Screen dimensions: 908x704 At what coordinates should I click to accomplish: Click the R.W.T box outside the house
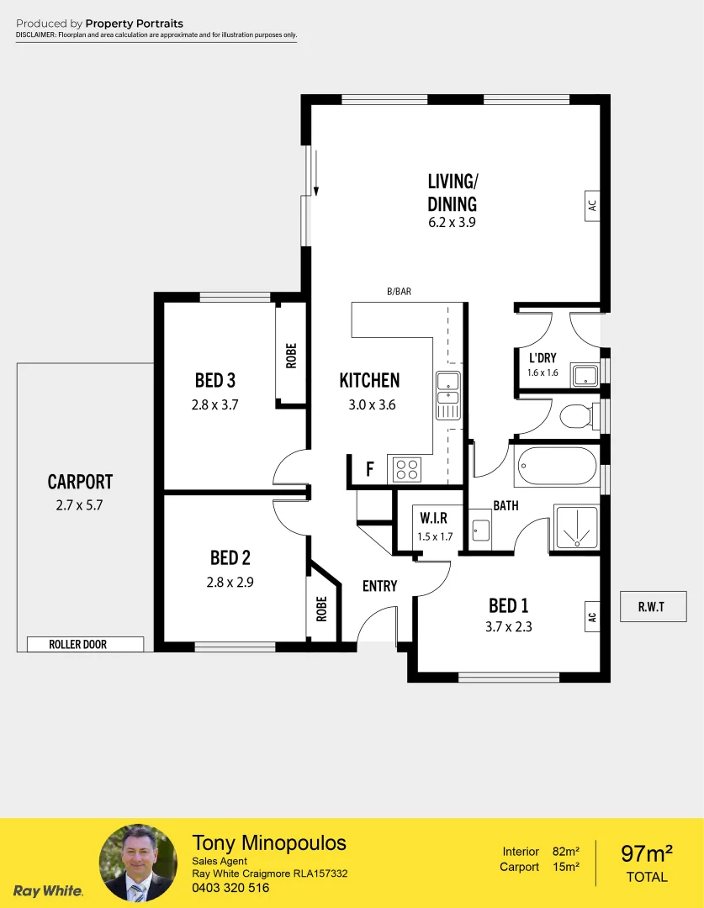point(652,607)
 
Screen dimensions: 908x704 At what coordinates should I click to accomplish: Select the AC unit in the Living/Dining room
point(592,204)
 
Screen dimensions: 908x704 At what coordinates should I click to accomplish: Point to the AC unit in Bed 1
point(592,616)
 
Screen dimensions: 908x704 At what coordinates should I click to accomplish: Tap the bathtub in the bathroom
point(556,466)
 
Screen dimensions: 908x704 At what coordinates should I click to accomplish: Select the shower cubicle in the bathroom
point(576,527)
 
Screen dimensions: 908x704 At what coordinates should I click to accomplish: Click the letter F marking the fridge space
point(369,469)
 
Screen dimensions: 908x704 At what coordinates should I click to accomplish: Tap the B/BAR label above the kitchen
point(399,292)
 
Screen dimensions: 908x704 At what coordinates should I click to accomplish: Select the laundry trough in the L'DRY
point(585,375)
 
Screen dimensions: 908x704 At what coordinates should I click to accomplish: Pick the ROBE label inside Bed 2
point(321,609)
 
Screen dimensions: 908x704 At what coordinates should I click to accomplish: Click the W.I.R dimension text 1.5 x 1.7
point(435,536)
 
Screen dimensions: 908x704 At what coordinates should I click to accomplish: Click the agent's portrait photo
point(138,863)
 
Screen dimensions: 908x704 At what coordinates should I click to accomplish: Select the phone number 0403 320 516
point(230,888)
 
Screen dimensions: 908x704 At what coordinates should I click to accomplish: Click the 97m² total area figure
point(647,854)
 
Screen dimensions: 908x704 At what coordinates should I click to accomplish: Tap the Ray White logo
point(48,890)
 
